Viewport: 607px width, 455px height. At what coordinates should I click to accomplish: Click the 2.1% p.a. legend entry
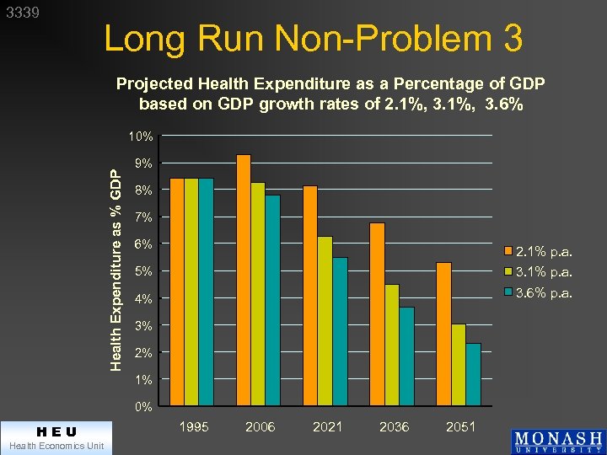(540, 251)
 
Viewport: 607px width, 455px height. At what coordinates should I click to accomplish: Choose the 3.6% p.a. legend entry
(540, 293)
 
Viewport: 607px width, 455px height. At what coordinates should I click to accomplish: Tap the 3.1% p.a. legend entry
(540, 272)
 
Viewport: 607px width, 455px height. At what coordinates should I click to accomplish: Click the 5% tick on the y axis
(143, 271)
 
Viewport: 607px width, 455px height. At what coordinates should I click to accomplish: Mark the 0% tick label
(143, 407)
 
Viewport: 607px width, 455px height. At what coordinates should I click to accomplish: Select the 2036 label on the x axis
(394, 427)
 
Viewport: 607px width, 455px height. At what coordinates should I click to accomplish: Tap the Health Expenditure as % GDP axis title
(118, 267)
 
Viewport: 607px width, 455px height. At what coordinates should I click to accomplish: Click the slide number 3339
(23, 13)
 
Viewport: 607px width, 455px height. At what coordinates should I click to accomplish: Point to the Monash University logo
(557, 442)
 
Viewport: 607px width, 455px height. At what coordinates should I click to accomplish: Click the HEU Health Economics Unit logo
(56, 437)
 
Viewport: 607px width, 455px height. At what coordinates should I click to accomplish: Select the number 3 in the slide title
(510, 39)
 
